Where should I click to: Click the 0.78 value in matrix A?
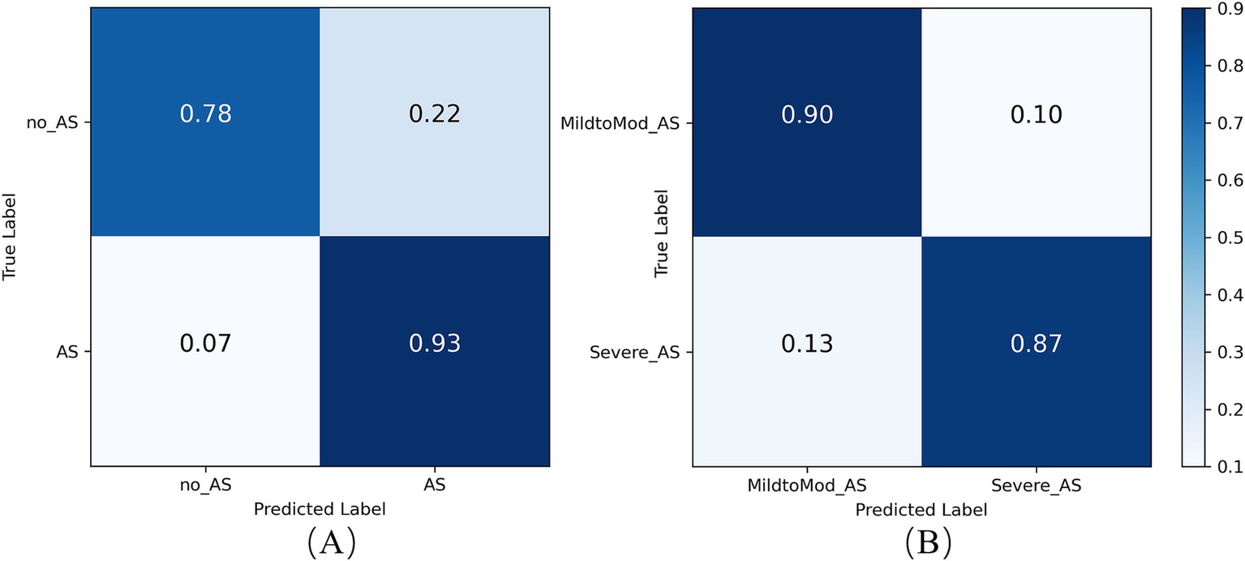pyautogui.click(x=205, y=114)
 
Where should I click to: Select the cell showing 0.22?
pyautogui.click(x=434, y=114)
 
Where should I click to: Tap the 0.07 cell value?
pyautogui.click(x=205, y=343)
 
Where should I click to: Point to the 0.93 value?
pyautogui.click(x=434, y=343)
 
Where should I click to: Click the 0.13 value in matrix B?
pyautogui.click(x=808, y=343)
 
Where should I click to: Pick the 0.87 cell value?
pyautogui.click(x=1036, y=343)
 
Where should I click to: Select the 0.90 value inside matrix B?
pyautogui.click(x=808, y=114)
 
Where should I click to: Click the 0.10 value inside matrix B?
pyautogui.click(x=1036, y=114)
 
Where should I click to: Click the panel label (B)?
pyautogui.click(x=921, y=539)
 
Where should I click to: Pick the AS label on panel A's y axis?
pyautogui.click(x=68, y=352)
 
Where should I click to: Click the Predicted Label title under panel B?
pyautogui.click(x=921, y=510)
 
